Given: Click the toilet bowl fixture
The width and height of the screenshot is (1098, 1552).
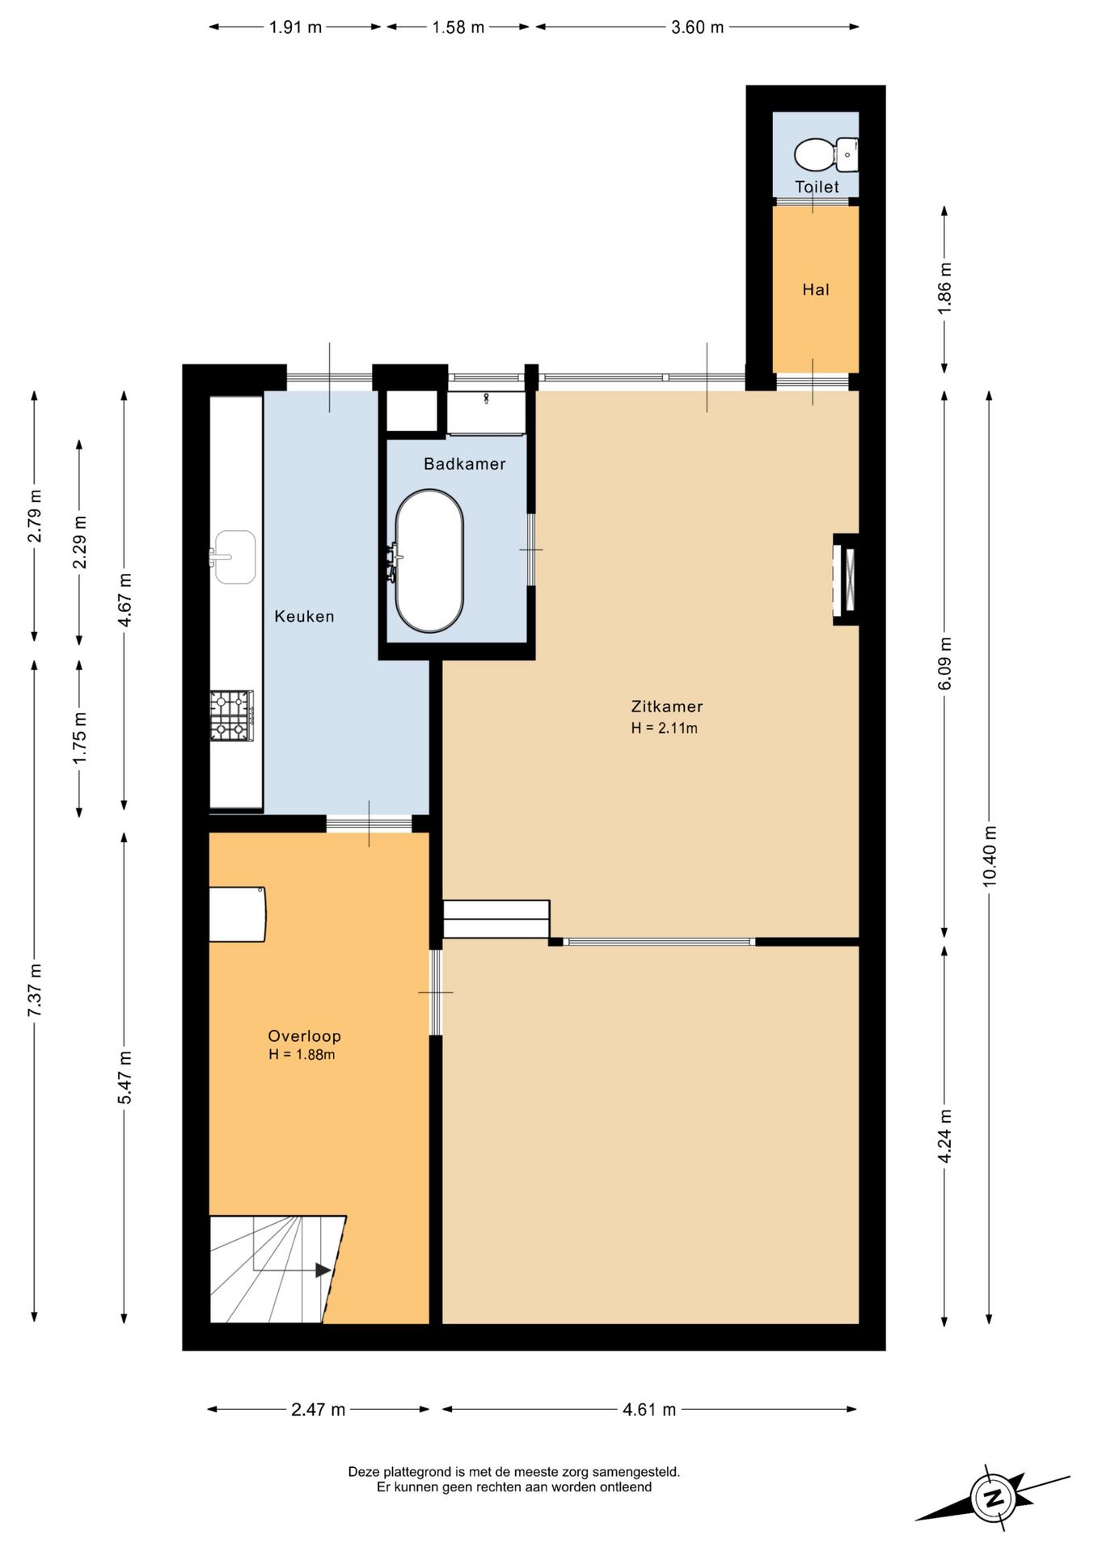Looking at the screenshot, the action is click(826, 154).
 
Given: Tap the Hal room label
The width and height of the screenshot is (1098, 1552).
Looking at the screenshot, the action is click(816, 289).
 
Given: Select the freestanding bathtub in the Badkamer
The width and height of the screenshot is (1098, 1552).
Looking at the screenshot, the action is click(429, 560).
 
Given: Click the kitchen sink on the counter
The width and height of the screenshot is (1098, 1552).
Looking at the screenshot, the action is click(234, 557).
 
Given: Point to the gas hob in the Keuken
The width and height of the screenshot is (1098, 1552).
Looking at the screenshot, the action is click(232, 715).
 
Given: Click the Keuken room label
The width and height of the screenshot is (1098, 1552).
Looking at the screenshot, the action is click(304, 616).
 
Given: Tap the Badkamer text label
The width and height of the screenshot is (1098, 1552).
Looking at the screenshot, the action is click(465, 464).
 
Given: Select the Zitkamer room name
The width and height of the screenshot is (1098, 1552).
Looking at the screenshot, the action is click(667, 706).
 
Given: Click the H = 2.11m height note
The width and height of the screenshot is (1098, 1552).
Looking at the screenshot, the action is click(665, 728).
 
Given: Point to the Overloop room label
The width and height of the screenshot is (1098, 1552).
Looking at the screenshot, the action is click(304, 1036).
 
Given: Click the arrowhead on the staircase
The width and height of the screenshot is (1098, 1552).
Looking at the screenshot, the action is click(323, 1270).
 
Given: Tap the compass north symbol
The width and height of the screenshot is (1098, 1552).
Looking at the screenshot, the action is click(994, 1498).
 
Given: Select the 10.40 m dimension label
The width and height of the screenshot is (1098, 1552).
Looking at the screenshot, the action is click(990, 857).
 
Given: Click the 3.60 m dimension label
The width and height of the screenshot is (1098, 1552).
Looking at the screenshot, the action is click(697, 27).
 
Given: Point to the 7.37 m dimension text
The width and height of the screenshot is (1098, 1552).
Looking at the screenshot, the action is click(35, 991).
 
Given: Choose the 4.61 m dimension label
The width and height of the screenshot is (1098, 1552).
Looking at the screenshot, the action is click(649, 1410).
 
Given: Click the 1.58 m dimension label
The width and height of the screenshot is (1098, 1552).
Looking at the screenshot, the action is click(458, 27).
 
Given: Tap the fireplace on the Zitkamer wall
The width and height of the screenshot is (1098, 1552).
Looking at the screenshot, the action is click(847, 580).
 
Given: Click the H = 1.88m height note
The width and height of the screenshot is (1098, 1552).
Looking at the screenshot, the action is click(302, 1055).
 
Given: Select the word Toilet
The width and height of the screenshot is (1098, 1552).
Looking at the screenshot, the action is click(817, 187).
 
